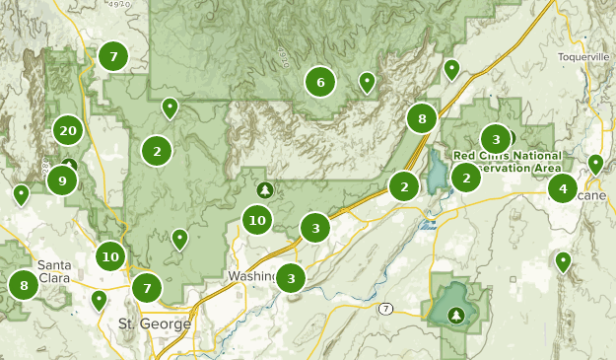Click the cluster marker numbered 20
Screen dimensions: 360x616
point(68,130)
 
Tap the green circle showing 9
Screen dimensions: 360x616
point(62,180)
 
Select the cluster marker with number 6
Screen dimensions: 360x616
point(320,83)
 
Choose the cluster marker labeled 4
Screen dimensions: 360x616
point(563,187)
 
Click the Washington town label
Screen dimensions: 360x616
point(250,276)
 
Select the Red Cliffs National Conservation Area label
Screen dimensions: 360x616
point(509,162)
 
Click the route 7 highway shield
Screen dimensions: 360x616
point(385,309)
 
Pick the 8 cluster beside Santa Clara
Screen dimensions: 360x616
point(25,287)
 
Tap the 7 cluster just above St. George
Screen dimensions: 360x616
point(147,289)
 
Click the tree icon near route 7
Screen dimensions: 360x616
point(455,315)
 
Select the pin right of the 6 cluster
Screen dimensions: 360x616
point(368,82)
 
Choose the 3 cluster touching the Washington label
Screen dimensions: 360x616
point(291,279)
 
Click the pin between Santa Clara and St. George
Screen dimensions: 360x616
point(99,299)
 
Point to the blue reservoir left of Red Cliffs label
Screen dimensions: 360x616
point(435,173)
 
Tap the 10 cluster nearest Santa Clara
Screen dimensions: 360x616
point(110,257)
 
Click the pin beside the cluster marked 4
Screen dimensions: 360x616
point(595,164)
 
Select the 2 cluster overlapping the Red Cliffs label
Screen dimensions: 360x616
point(466,178)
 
